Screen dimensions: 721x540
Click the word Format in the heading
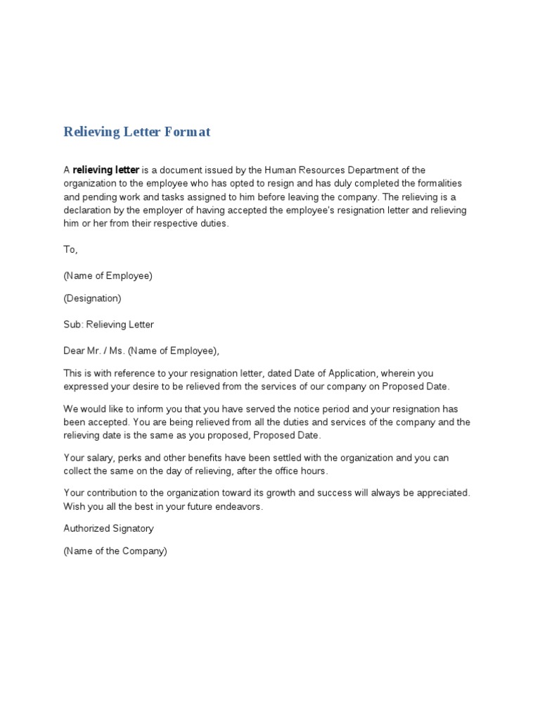coord(188,132)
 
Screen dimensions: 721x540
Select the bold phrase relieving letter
coord(106,170)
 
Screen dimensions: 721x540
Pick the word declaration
coord(90,211)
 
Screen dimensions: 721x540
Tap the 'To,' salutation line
coord(71,250)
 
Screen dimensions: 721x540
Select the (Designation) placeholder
coord(92,299)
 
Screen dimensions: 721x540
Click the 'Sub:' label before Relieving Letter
coord(73,325)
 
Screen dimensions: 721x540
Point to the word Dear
coord(75,351)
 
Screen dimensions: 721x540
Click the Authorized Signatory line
coord(108,529)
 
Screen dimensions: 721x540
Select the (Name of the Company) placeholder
coord(115,551)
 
